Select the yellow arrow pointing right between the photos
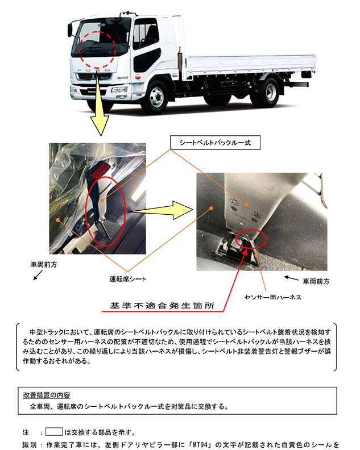(x=161, y=210)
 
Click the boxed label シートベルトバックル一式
(x=215, y=143)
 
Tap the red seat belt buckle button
(x=98, y=171)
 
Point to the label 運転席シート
(x=127, y=279)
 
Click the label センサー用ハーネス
(x=272, y=297)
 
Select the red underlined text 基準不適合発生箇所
(x=162, y=306)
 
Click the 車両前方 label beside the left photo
(x=44, y=264)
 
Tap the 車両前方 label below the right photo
(x=316, y=281)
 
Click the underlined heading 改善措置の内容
(x=47, y=395)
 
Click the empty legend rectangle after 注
(x=54, y=432)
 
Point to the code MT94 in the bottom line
(x=200, y=445)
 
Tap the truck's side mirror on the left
(x=70, y=30)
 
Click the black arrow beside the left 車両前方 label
(x=38, y=275)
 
